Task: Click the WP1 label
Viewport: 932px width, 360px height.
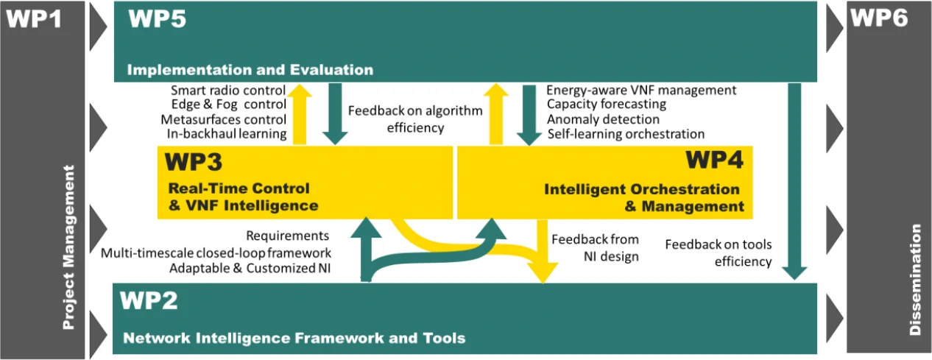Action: click(x=34, y=18)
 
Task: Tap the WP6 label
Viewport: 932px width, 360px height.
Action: click(x=879, y=18)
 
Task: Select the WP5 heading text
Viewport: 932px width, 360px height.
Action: click(x=157, y=18)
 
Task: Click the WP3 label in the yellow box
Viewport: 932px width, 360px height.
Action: click(x=194, y=162)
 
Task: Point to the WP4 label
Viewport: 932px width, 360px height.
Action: click(x=714, y=160)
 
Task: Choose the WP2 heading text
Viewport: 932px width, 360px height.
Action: click(x=149, y=300)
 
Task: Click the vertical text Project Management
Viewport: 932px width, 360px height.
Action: click(x=68, y=247)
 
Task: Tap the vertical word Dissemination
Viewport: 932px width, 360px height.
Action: click(x=915, y=280)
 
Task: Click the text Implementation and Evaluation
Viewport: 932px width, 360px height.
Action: click(x=250, y=69)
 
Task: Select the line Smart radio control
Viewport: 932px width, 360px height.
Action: click(x=228, y=91)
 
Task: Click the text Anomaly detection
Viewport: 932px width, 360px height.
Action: click(x=604, y=119)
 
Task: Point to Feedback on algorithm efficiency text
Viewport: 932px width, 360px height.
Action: click(x=415, y=119)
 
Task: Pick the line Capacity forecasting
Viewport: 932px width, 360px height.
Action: click(x=607, y=104)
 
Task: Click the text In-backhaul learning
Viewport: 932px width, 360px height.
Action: click(x=227, y=133)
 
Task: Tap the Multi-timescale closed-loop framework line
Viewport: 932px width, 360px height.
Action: click(x=216, y=253)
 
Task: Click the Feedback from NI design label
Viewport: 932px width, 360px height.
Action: click(x=596, y=247)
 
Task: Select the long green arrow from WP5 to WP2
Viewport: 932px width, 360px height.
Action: click(x=794, y=181)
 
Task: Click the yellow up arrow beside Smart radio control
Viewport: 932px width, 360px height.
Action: click(x=300, y=114)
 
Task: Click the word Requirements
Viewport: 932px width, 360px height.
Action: click(x=288, y=236)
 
